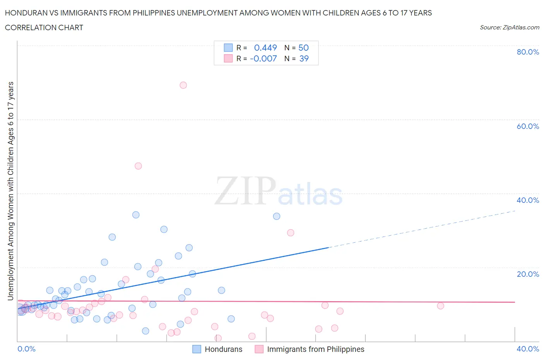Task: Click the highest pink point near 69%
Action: click(183, 85)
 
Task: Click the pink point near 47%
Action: click(138, 166)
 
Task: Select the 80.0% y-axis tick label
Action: click(528, 52)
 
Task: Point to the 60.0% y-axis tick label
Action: click(528, 126)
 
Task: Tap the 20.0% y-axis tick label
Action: click(528, 274)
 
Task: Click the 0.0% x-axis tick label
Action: click(26, 349)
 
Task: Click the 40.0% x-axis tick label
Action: click(528, 349)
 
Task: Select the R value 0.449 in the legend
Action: click(265, 48)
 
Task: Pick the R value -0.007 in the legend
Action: click(263, 58)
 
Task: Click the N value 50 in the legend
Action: click(303, 48)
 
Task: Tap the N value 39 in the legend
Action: click(304, 58)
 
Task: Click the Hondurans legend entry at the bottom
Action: click(223, 349)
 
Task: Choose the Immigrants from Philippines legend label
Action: click(315, 349)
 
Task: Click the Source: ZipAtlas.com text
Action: click(509, 27)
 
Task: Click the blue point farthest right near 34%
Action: click(277, 216)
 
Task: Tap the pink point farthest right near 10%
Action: click(440, 306)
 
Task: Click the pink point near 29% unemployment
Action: click(291, 233)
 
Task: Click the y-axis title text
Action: click(11, 191)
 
